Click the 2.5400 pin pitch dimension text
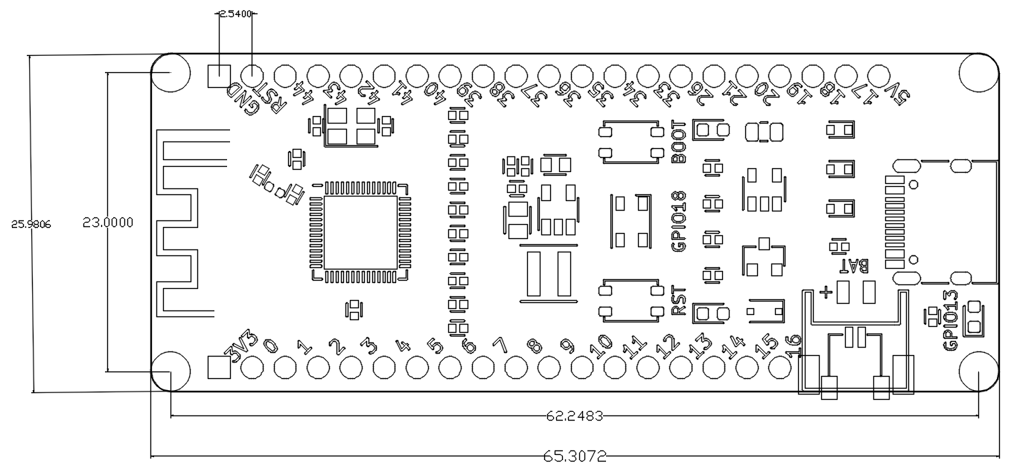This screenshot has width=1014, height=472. [236, 13]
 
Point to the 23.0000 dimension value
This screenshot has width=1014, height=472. [108, 222]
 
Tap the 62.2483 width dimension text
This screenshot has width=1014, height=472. [575, 415]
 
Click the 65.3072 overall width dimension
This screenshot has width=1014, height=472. [575, 456]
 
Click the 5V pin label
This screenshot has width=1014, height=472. [899, 95]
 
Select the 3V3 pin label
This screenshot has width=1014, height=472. [242, 347]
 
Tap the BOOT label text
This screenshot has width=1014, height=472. [678, 141]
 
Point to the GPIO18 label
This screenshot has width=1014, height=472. [678, 221]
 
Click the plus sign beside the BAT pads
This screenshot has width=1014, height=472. [825, 292]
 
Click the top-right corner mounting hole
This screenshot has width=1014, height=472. [978, 72]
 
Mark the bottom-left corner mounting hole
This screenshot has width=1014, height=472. [170, 369]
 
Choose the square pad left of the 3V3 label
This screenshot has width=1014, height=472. [218, 367]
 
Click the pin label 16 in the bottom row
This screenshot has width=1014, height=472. [794, 342]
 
